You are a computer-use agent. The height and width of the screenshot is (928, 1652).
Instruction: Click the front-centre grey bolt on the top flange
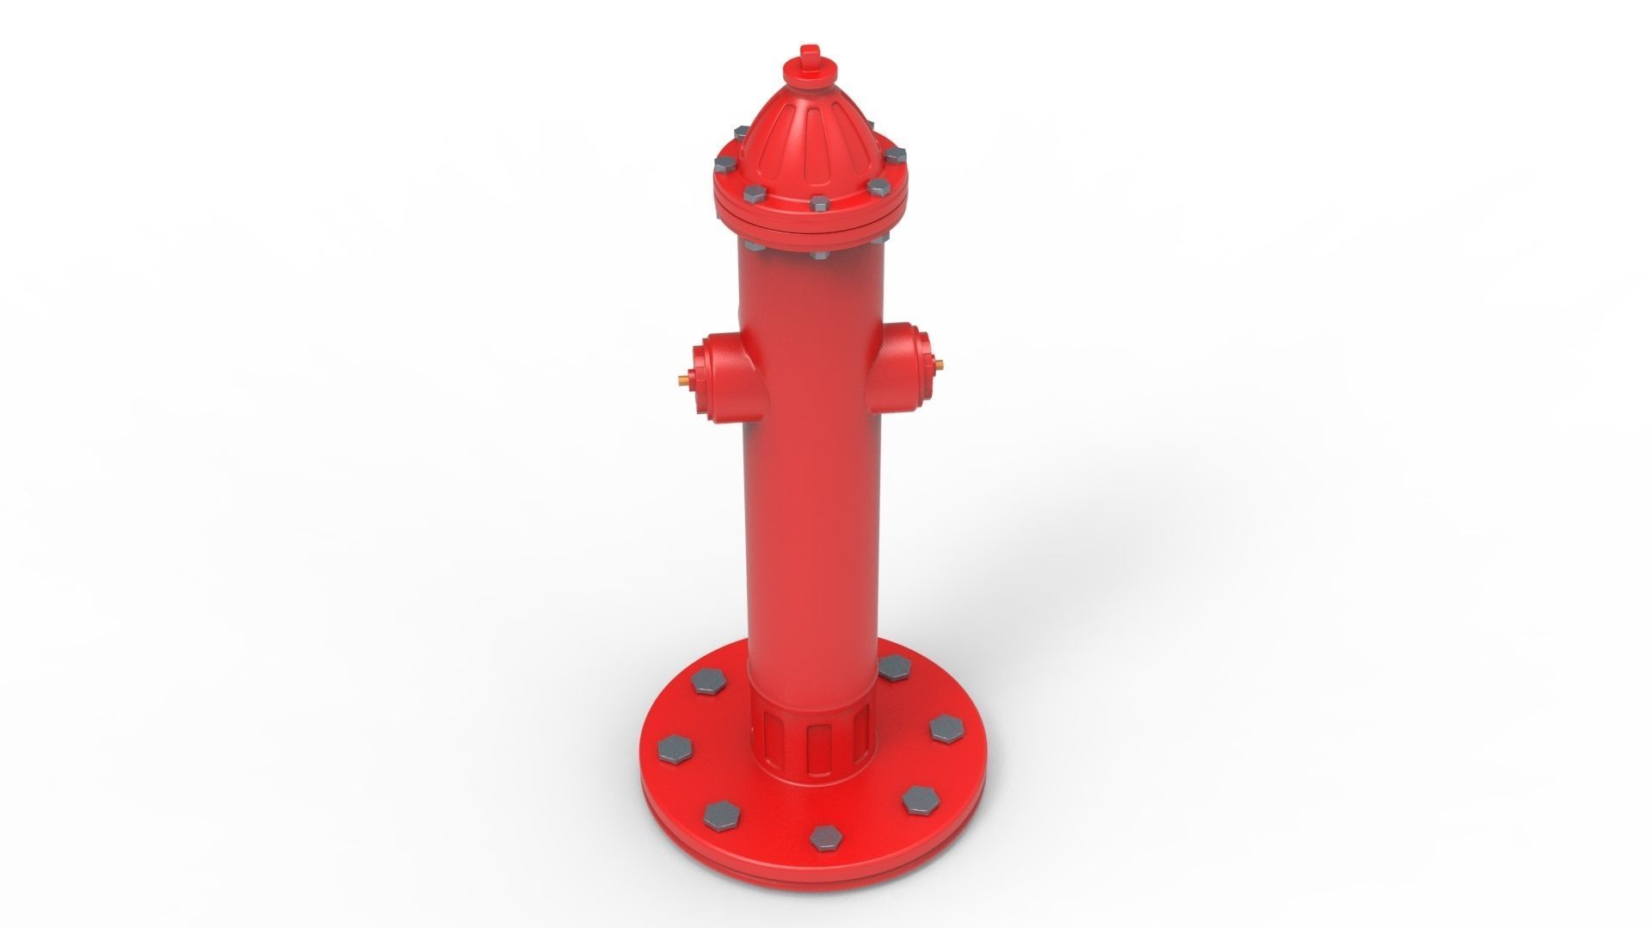pos(819,203)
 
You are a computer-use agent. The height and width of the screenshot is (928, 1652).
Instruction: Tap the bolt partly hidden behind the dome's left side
pos(740,132)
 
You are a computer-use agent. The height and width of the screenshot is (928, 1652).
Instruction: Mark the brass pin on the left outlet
pos(682,377)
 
